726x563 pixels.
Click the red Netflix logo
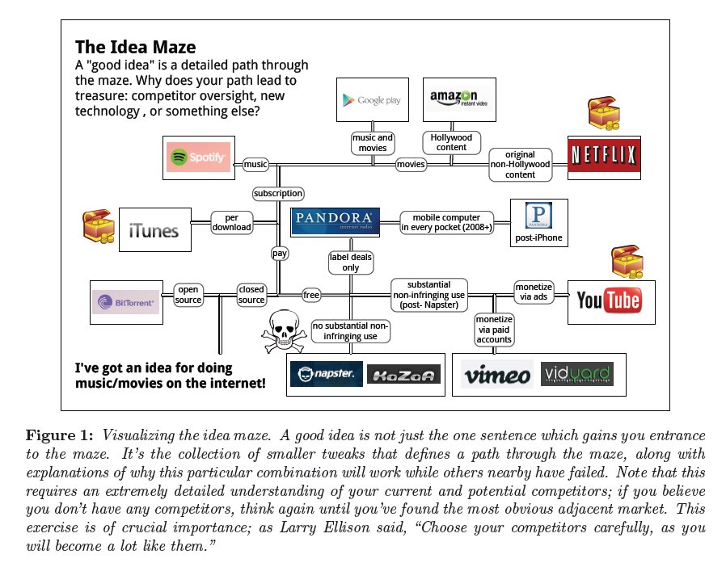click(605, 157)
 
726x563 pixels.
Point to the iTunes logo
click(154, 231)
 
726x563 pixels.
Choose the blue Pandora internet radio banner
click(335, 220)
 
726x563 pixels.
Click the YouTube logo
click(608, 302)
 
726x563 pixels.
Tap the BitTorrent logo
click(125, 302)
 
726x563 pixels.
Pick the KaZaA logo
click(403, 374)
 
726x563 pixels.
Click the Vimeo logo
click(496, 375)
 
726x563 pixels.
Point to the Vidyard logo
click(576, 374)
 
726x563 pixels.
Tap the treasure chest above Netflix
click(604, 115)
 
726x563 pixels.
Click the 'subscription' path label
click(278, 193)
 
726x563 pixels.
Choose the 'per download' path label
click(231, 221)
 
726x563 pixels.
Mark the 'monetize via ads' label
click(534, 292)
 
